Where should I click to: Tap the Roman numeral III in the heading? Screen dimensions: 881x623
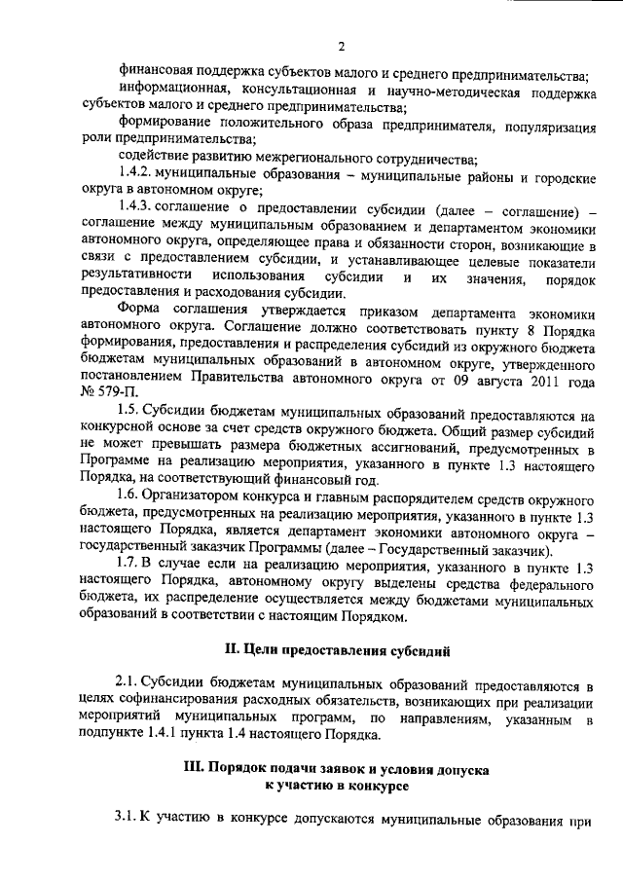tap(196, 769)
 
